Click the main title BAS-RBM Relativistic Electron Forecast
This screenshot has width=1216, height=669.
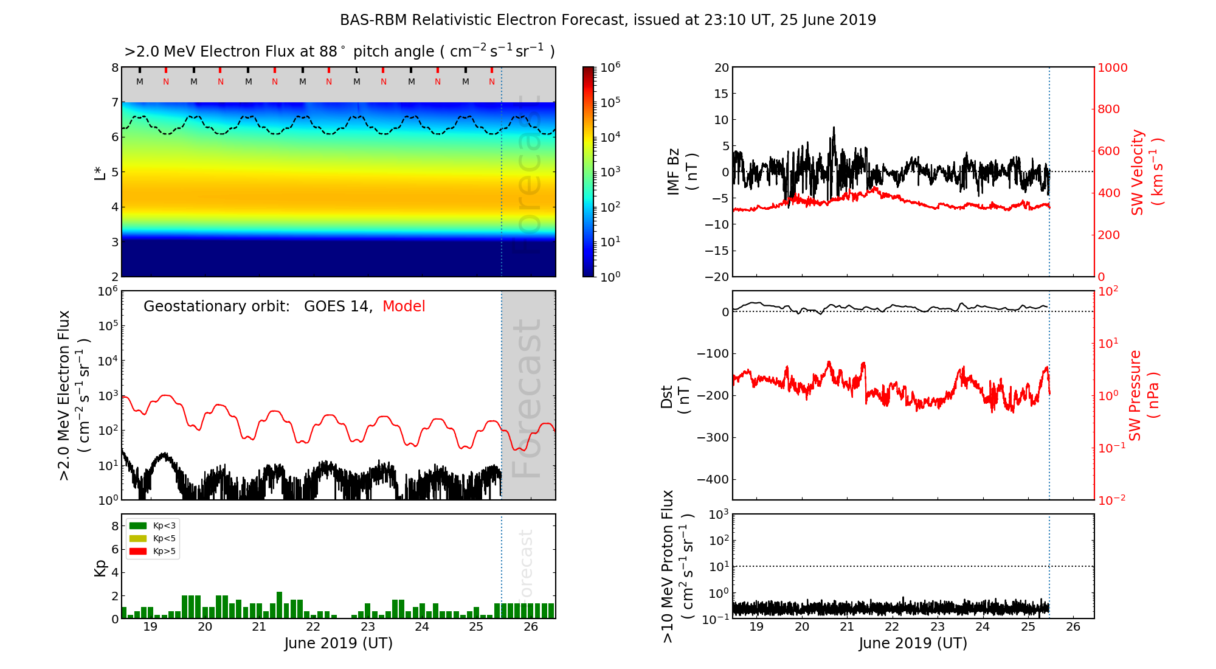pos(607,20)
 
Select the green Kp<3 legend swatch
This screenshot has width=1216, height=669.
pos(138,525)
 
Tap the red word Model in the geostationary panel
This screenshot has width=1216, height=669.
pos(404,307)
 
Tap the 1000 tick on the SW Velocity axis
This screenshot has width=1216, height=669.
pos(1112,68)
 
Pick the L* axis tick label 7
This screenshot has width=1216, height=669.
pos(114,102)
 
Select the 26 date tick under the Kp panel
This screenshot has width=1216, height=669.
pos(530,627)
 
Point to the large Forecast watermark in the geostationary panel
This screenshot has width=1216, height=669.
pos(527,398)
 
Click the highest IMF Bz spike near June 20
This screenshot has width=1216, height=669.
pos(834,128)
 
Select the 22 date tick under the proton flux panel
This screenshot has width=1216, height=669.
pos(892,627)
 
